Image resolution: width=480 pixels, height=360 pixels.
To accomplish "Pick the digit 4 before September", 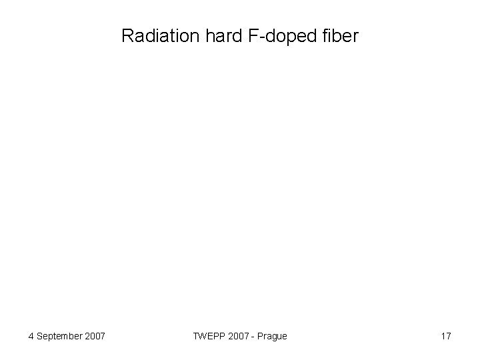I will [x=31, y=336].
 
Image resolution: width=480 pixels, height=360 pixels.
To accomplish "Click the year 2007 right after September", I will [x=95, y=336].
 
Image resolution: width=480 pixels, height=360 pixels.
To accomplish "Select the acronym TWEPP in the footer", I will [x=207, y=336].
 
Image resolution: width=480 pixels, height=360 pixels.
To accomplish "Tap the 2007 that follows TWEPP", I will [x=236, y=336].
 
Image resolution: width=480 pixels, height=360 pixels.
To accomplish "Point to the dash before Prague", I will [x=252, y=337].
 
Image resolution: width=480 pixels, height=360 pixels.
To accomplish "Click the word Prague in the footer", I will [x=272, y=336].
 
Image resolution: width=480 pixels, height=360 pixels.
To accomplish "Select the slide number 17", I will [x=446, y=336].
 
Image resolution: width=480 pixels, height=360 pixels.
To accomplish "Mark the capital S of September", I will [x=40, y=336].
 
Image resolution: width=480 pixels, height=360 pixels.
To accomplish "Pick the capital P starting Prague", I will [x=259, y=336].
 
